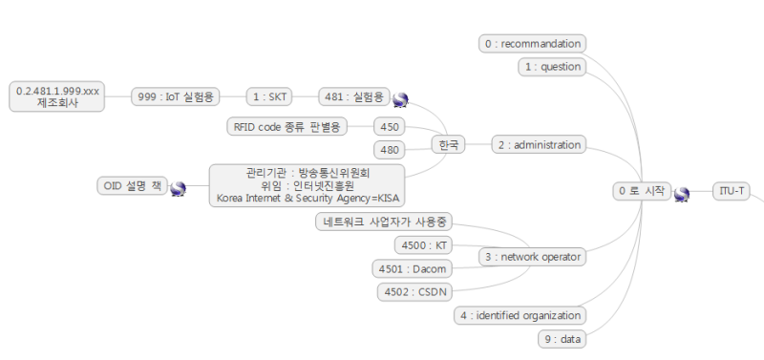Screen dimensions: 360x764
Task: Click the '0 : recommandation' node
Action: (x=532, y=43)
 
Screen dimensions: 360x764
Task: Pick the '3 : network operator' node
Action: (x=532, y=257)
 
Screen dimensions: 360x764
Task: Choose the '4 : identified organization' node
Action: (x=520, y=315)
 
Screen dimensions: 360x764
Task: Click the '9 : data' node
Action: (x=560, y=338)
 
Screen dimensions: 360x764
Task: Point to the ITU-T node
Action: (x=732, y=191)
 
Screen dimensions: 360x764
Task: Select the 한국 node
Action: (x=447, y=145)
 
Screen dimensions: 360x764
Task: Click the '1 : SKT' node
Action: (x=269, y=96)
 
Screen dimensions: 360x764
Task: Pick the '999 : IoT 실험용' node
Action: (x=176, y=96)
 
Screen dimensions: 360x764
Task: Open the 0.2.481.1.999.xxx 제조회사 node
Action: (x=58, y=95)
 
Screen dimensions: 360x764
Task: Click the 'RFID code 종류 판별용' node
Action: (x=286, y=126)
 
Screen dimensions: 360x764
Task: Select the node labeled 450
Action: (x=390, y=126)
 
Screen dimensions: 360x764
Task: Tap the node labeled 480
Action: (x=390, y=149)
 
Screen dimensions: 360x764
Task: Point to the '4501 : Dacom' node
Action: (x=412, y=268)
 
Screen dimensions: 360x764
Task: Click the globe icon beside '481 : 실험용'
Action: (x=400, y=98)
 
